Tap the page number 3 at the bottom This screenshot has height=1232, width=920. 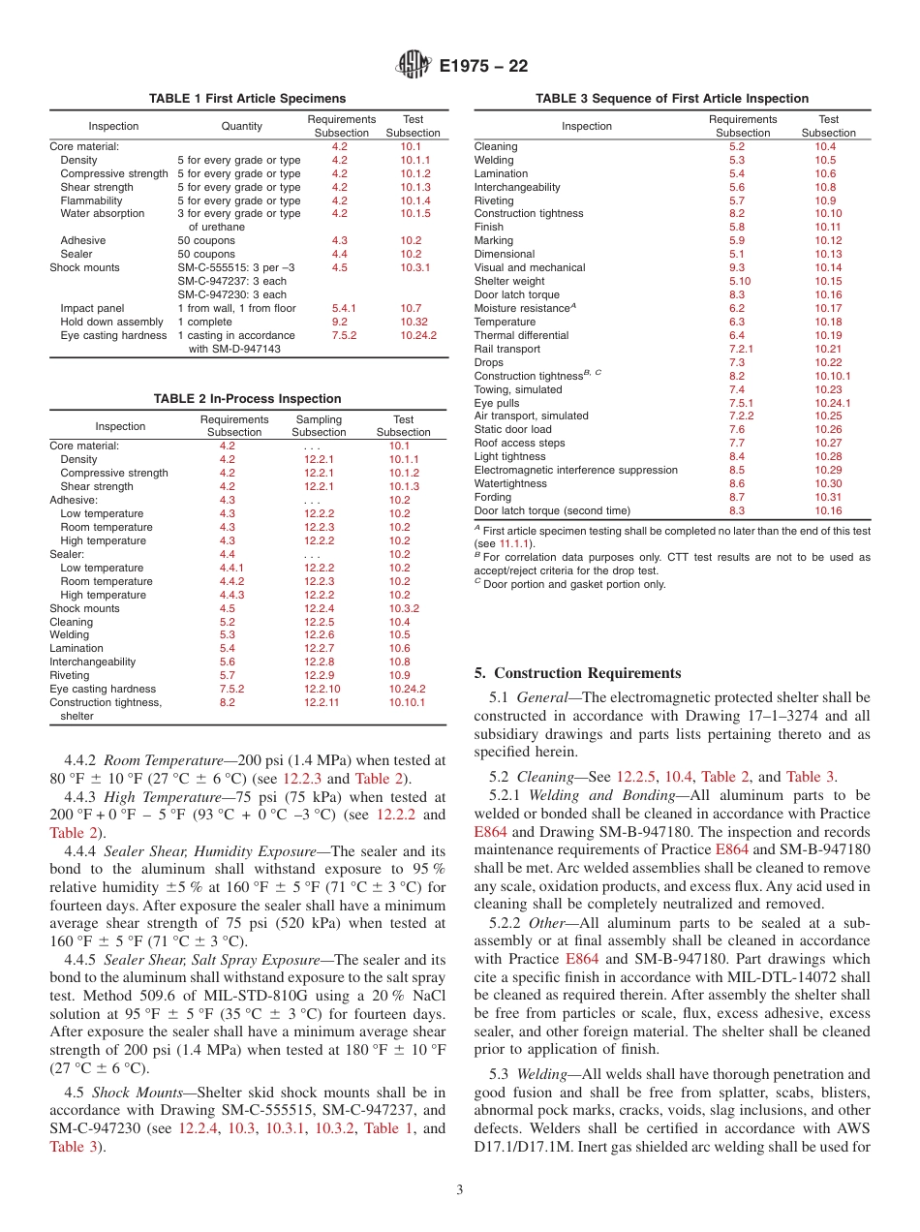[x=459, y=1190]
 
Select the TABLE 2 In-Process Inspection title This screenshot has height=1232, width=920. [x=247, y=398]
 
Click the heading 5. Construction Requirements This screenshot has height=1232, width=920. [x=577, y=673]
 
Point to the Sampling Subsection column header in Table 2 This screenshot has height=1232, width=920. [x=319, y=426]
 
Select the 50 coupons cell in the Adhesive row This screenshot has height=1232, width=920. [x=205, y=240]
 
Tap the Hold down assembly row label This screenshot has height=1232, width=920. [x=111, y=322]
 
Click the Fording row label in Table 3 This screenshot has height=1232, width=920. [x=493, y=497]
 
